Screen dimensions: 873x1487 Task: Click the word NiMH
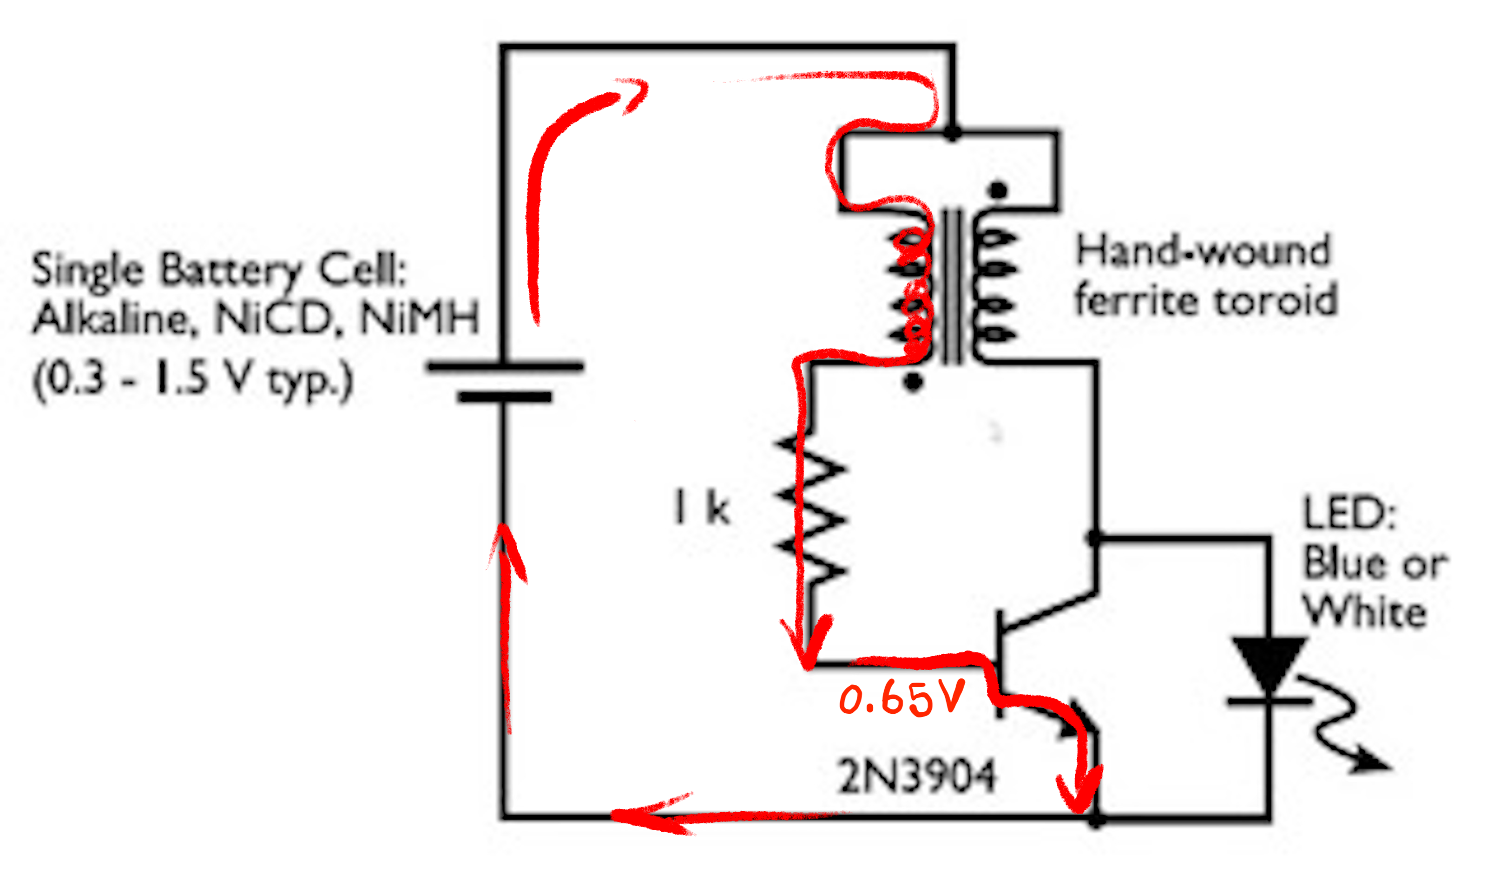pos(420,319)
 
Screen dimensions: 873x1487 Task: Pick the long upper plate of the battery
pos(505,367)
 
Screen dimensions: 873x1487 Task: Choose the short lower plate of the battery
pos(505,397)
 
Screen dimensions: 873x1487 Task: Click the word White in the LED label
pos(1365,611)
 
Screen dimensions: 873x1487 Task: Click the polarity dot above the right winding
pos(998,190)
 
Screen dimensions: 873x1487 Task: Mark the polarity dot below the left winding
pos(913,384)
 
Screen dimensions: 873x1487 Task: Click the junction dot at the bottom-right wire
pos(1096,821)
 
